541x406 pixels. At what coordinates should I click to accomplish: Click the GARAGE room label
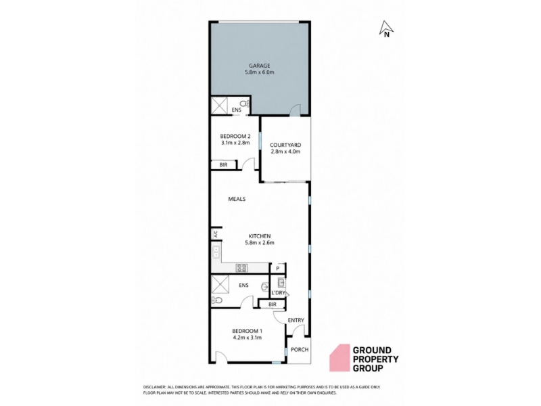pyautogui.click(x=260, y=66)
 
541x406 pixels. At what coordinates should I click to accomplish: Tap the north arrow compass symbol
pyautogui.click(x=386, y=29)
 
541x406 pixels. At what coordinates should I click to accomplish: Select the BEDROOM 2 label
pyautogui.click(x=235, y=136)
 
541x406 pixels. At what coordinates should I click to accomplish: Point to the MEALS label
pyautogui.click(x=237, y=199)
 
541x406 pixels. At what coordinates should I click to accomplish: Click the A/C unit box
pyautogui.click(x=216, y=234)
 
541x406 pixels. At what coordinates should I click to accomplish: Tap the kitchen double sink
pyautogui.click(x=216, y=252)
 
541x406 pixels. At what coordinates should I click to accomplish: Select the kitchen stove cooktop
pyautogui.click(x=241, y=267)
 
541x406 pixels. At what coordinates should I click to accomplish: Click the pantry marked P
pyautogui.click(x=278, y=268)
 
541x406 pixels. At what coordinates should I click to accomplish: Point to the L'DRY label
pyautogui.click(x=278, y=293)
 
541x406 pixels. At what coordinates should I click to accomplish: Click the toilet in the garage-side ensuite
pyautogui.click(x=244, y=104)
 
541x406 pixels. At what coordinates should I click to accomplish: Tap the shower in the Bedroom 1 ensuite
pyautogui.click(x=220, y=284)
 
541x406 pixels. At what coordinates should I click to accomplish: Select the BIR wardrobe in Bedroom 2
pyautogui.click(x=224, y=165)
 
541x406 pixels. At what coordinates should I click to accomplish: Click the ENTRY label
pyautogui.click(x=296, y=320)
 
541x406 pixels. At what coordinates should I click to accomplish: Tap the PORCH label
pyautogui.click(x=300, y=349)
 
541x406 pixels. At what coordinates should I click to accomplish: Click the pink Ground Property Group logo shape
pyautogui.click(x=339, y=358)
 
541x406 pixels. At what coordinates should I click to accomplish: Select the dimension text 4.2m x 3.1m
pyautogui.click(x=247, y=338)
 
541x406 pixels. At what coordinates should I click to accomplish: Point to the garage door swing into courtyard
pyautogui.click(x=295, y=110)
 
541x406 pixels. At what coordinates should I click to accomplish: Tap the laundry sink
pyautogui.click(x=281, y=282)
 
